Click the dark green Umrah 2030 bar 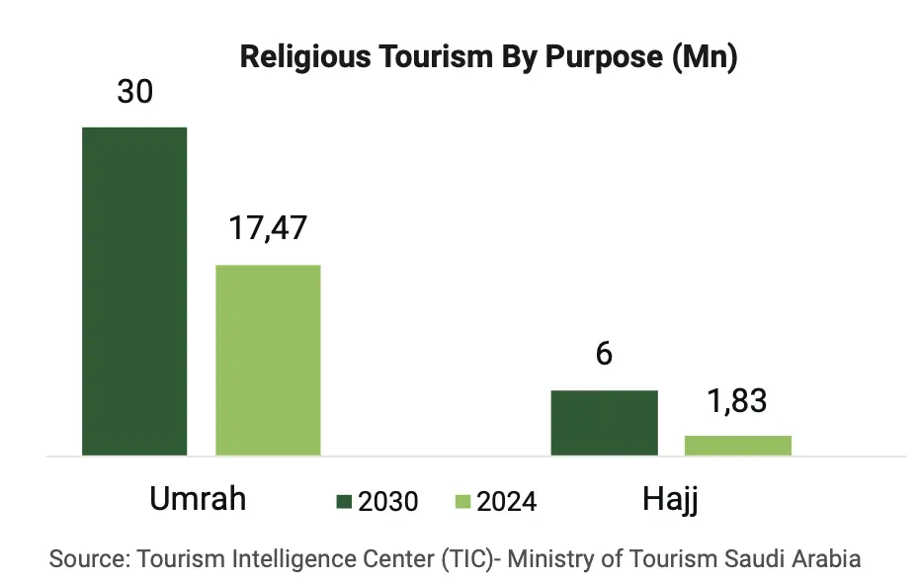[134, 291]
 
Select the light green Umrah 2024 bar [269, 360]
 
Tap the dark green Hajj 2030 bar [604, 423]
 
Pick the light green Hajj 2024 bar [738, 446]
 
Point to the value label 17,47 [268, 228]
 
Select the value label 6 [604, 354]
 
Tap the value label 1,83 [737, 401]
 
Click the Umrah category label [198, 499]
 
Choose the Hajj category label [670, 499]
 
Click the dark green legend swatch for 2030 [345, 502]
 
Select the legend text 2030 [388, 502]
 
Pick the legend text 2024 [507, 502]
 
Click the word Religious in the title [303, 57]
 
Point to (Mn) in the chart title [705, 57]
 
